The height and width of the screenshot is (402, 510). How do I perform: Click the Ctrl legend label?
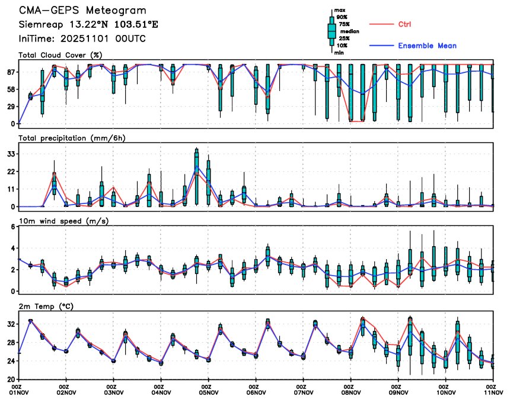coord(404,24)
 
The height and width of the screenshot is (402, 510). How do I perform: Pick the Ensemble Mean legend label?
coord(427,46)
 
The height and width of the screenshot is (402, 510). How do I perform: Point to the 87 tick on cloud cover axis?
coord(10,72)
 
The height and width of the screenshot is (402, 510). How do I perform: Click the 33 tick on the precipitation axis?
coord(10,154)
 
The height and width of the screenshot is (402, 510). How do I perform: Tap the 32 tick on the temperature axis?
coord(10,324)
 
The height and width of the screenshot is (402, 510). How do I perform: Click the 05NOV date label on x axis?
coord(209,392)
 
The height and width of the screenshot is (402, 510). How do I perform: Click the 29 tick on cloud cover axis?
coord(10,106)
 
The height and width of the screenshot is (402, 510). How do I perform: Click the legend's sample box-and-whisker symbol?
coord(332,31)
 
